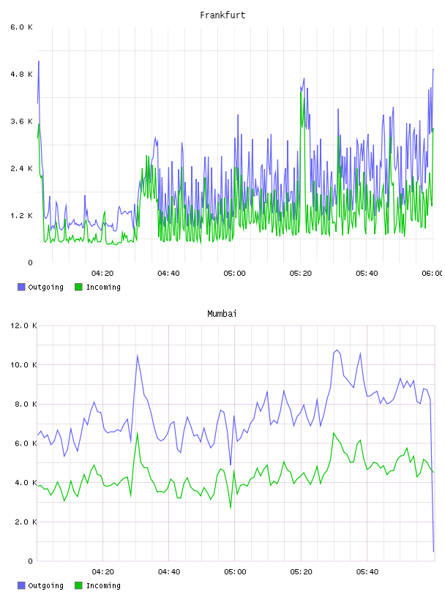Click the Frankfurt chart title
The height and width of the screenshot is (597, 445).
click(x=222, y=15)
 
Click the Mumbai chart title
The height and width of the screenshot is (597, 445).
click(x=222, y=314)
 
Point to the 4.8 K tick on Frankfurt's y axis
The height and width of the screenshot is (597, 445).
click(x=22, y=74)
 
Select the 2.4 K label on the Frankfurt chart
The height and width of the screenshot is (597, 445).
click(x=22, y=169)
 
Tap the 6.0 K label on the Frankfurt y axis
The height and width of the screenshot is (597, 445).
click(x=22, y=27)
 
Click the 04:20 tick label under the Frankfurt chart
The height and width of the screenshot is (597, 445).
click(x=102, y=274)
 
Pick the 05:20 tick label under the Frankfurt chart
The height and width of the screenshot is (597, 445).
click(x=301, y=274)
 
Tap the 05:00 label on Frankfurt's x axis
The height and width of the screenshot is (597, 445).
click(x=235, y=274)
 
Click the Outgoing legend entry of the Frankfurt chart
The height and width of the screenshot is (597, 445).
click(x=40, y=287)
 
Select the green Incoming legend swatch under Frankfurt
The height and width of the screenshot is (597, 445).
click(x=78, y=287)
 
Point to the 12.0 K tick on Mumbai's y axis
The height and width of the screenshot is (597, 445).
click(x=23, y=326)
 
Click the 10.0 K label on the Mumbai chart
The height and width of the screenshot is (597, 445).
click(x=23, y=365)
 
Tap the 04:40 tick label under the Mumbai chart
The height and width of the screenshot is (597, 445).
click(x=169, y=572)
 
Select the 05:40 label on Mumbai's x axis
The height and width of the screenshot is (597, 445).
click(x=367, y=572)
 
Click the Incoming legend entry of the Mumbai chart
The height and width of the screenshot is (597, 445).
click(x=97, y=585)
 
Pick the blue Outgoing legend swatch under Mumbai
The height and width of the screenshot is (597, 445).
click(x=21, y=585)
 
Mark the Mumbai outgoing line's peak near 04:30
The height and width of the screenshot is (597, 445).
click(x=137, y=356)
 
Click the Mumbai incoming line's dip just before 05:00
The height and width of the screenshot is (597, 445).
click(x=231, y=508)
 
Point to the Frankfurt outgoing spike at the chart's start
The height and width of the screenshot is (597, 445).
click(x=39, y=61)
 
